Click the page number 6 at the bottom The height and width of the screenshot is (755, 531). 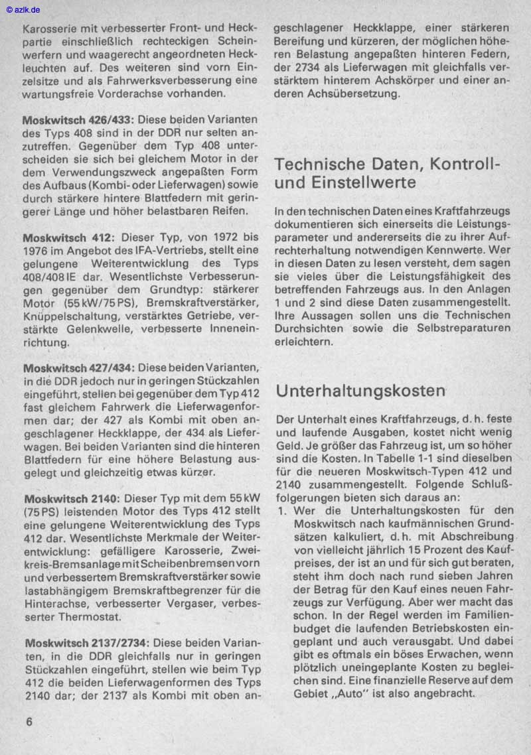29,722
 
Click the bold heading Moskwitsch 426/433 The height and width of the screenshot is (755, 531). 78,121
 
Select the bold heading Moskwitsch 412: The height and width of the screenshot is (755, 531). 69,237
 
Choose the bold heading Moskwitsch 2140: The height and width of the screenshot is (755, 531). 72,498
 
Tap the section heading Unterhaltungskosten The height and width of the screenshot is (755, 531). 360,391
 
